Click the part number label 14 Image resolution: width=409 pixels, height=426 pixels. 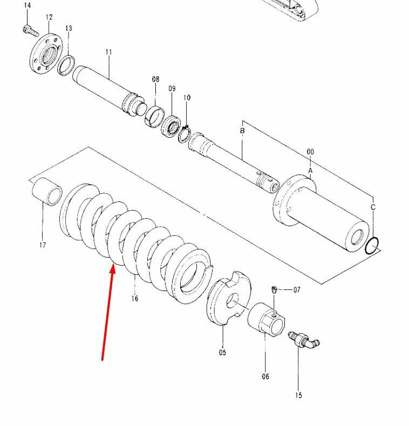coord(27,5)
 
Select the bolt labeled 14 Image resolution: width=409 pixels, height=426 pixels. coord(30,31)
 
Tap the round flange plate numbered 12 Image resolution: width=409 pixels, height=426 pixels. coord(46,54)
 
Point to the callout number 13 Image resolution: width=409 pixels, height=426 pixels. coord(69,28)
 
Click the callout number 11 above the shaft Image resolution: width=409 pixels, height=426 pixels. coord(109,52)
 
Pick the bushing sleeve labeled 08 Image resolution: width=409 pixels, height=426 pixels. coord(154,116)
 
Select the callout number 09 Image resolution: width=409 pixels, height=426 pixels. coord(172,89)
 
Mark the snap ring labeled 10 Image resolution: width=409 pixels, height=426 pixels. coord(185,134)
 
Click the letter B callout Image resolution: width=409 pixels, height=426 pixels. coord(242,131)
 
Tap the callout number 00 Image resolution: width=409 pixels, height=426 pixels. coord(310,152)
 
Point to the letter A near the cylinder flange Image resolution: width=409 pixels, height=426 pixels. coord(310,171)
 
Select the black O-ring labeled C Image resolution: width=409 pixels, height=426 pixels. coord(372,246)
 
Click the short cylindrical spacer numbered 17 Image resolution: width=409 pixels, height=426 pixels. coord(47,192)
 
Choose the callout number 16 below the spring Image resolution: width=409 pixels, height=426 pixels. coord(135,299)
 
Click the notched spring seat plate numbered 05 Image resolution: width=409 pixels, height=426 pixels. coord(229,297)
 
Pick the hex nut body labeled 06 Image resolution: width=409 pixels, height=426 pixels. coord(266,320)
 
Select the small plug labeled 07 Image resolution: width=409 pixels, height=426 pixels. coord(274,289)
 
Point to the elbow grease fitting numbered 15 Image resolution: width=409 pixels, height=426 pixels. coord(304,340)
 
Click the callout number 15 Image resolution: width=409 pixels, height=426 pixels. coord(298,395)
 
